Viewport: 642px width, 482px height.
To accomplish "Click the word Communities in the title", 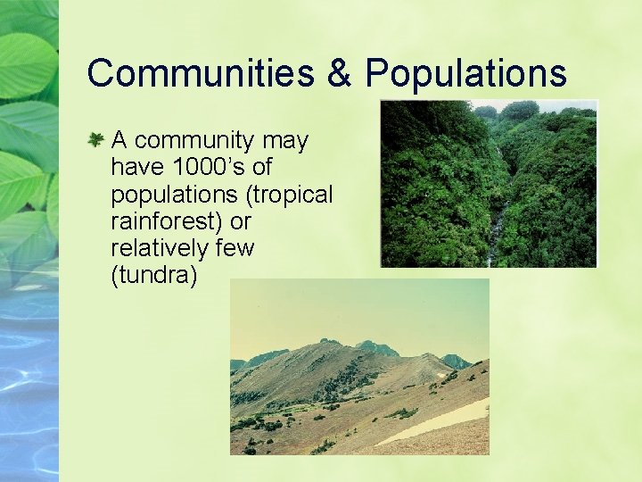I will [x=200, y=73].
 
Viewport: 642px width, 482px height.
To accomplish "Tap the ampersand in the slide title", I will [x=339, y=73].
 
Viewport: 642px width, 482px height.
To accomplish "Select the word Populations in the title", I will [x=465, y=73].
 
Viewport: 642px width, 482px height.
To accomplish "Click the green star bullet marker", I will [x=95, y=139].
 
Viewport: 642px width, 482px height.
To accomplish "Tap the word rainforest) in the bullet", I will [x=167, y=221].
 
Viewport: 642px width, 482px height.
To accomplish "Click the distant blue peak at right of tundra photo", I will [x=455, y=361].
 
